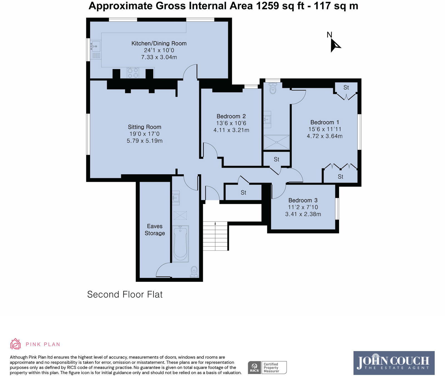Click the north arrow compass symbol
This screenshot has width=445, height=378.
[335, 45]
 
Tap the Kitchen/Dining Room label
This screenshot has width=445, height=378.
[159, 43]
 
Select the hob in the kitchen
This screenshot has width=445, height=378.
[133, 73]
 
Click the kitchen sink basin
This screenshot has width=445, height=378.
[95, 45]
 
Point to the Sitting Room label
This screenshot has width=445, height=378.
[144, 127]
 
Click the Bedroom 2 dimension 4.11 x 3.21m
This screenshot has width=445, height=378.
[231, 130]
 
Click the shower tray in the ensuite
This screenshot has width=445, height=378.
[277, 142]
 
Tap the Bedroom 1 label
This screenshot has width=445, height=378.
[325, 122]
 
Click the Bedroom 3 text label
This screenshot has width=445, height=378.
[303, 200]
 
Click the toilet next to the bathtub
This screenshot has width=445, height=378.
[194, 272]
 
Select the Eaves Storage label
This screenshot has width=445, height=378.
[155, 230]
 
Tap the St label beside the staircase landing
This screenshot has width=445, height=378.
[243, 192]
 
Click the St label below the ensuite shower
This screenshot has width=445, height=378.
[276, 159]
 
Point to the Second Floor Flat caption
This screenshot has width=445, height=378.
[125, 294]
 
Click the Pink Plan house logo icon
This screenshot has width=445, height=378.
[16, 344]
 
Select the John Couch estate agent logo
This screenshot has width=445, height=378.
[394, 363]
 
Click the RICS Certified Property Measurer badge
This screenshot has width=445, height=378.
[267, 367]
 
